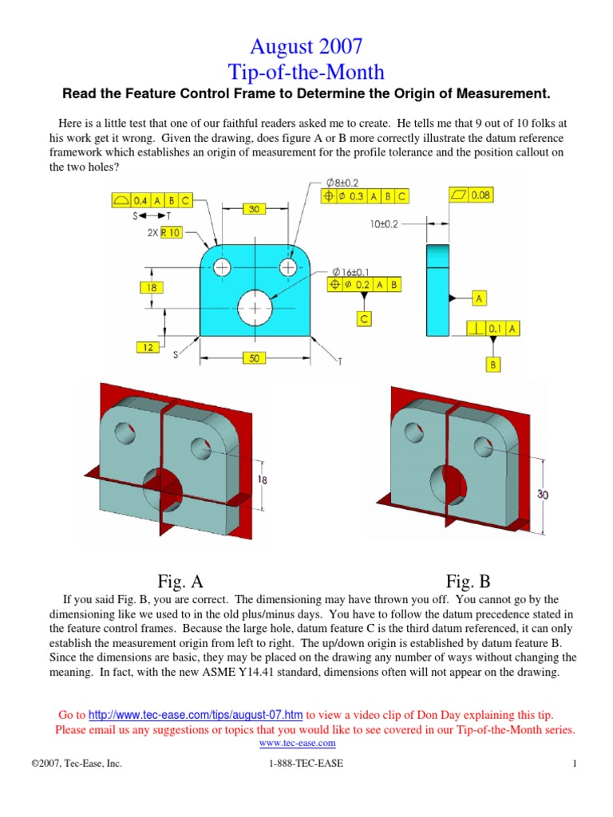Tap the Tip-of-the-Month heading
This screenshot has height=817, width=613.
[306, 72]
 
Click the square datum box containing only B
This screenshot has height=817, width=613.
[492, 364]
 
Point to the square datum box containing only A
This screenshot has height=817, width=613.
[480, 298]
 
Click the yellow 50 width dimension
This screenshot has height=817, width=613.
[254, 359]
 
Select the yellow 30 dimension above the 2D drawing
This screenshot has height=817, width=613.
[254, 209]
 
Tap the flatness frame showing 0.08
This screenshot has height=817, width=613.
[472, 195]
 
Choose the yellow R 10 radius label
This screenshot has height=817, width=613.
[170, 233]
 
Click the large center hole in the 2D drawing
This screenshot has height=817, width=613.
[254, 307]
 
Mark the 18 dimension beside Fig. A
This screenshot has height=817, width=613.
[263, 480]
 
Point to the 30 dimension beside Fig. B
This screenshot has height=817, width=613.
[543, 495]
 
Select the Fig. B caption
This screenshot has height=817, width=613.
[468, 581]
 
